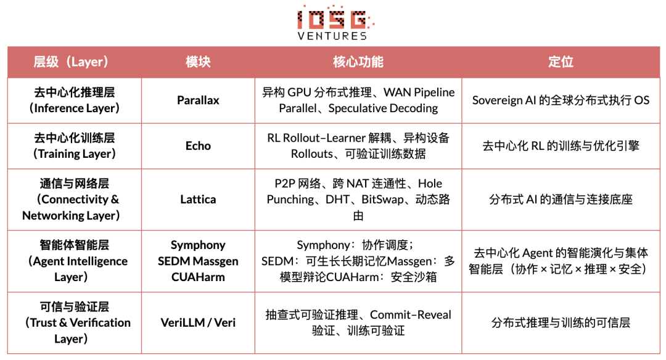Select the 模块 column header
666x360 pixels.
click(198, 62)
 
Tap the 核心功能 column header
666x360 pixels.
click(358, 62)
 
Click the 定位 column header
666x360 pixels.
click(561, 62)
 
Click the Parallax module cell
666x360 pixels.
click(198, 100)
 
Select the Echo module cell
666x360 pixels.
click(198, 146)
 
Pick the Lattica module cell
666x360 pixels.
click(198, 199)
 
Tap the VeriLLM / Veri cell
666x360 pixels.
click(198, 322)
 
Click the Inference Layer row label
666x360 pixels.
click(75, 100)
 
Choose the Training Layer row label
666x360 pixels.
click(75, 146)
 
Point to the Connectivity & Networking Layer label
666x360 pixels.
click(71, 199)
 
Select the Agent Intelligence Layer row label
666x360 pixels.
click(75, 261)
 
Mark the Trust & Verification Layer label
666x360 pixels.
click(75, 322)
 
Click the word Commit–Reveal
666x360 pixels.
click(411, 315)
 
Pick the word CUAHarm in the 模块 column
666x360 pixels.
click(198, 277)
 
